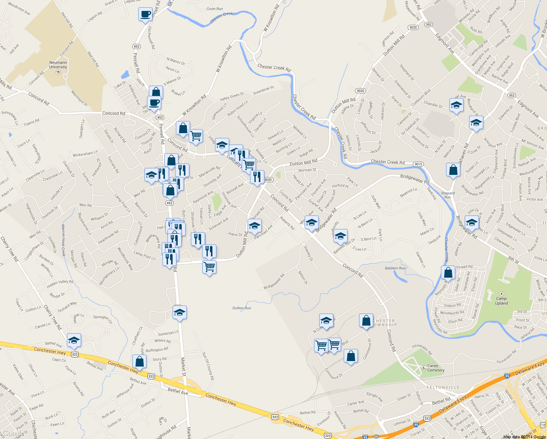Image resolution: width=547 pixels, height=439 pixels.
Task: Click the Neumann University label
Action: [58, 65]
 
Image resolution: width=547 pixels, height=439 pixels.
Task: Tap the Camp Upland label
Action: [501, 301]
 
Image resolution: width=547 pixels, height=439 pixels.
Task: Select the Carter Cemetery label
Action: [435, 368]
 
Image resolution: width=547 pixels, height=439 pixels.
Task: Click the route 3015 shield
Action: [418, 164]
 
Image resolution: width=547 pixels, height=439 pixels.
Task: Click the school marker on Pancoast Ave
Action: [254, 226]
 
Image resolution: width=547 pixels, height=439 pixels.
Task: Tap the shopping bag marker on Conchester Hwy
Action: [139, 361]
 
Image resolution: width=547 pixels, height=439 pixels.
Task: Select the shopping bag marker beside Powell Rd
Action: [448, 273]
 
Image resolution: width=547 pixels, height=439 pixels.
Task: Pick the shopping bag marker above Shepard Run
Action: [453, 170]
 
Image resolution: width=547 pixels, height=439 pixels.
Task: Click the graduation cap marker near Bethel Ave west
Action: [74, 340]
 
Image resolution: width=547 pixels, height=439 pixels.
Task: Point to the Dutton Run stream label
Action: [242, 308]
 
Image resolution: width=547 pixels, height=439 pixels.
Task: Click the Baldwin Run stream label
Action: [395, 268]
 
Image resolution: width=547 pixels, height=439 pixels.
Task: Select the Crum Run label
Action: [215, 9]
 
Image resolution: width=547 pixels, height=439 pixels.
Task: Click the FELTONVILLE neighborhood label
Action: [443, 387]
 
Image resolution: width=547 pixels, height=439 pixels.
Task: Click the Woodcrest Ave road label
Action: [19, 9]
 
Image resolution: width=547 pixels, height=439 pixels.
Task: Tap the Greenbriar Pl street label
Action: [263, 90]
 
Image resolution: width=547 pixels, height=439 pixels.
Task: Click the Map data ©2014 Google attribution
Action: [524, 436]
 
